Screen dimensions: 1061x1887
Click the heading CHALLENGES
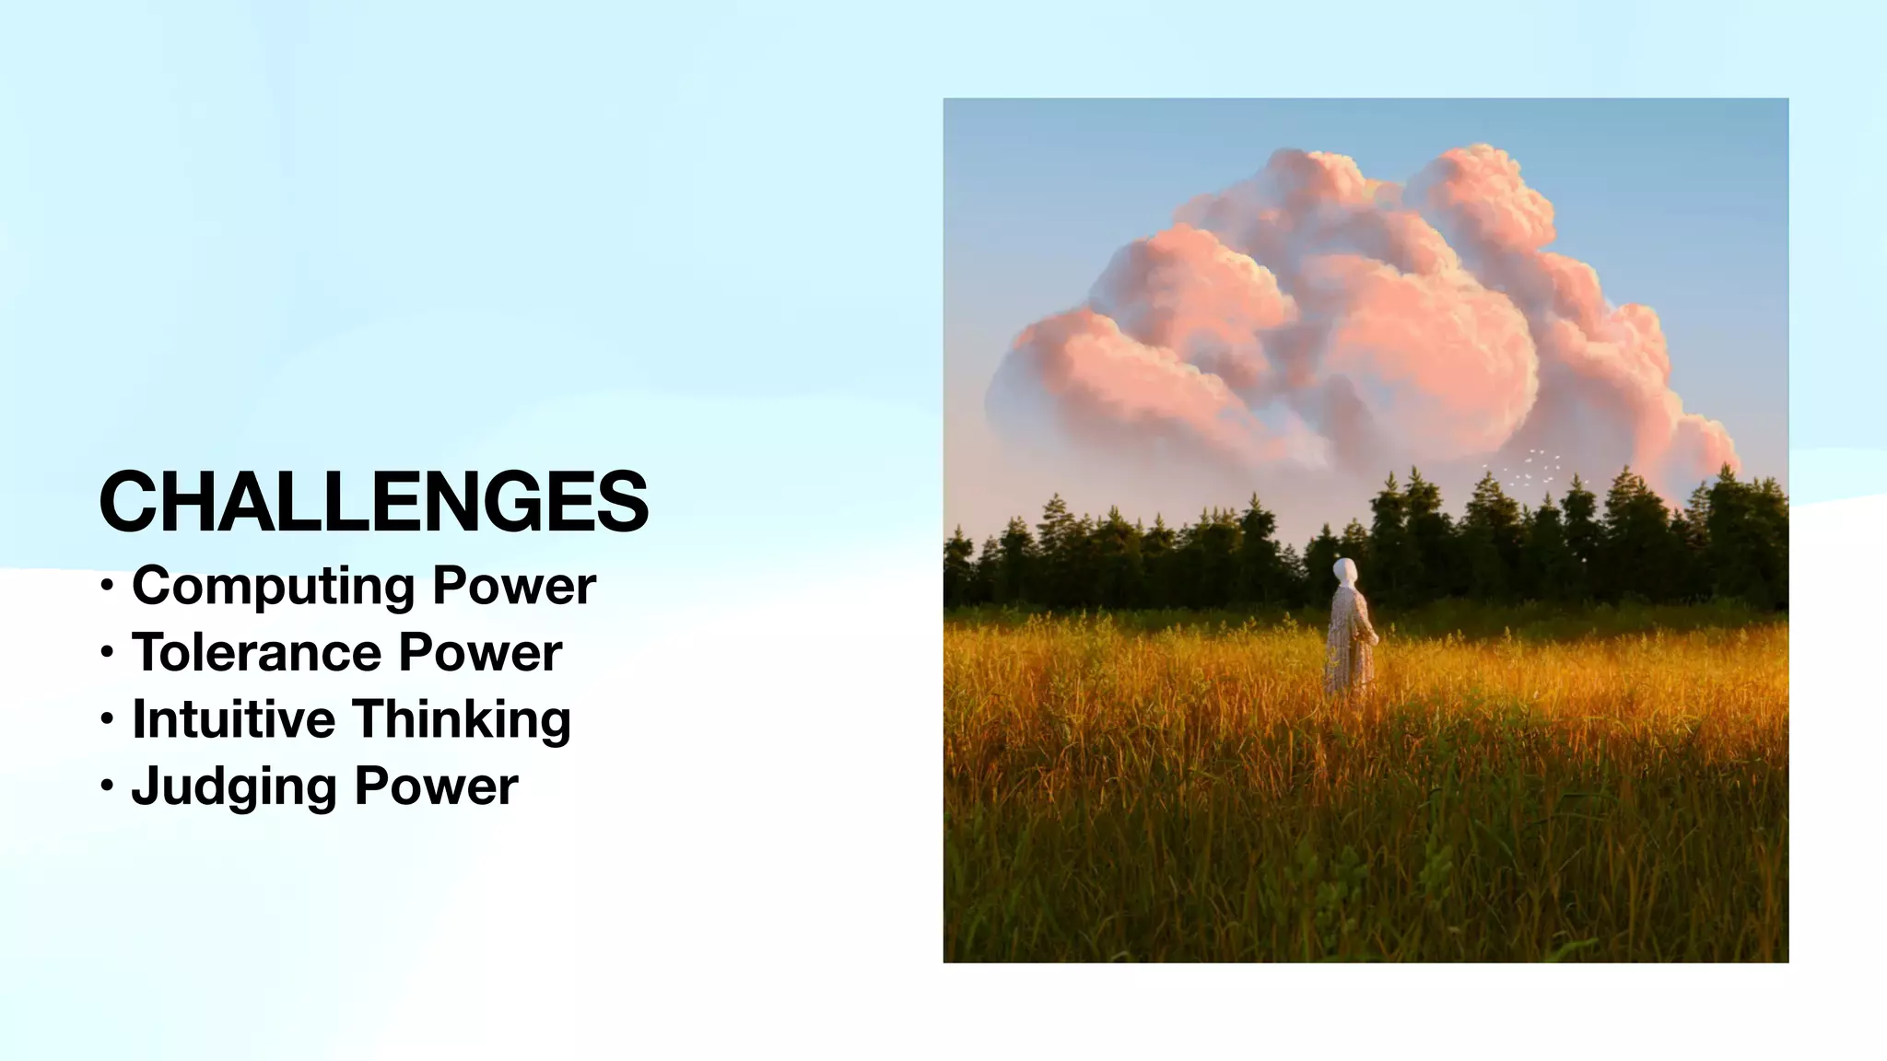click(373, 502)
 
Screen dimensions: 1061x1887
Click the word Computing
click(275, 587)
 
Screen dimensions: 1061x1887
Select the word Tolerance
click(256, 653)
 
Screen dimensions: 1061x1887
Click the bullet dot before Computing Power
click(108, 586)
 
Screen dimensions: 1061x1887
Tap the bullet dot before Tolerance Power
click(108, 653)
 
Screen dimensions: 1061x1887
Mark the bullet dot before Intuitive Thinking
click(108, 718)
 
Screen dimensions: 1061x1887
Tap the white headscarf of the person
click(1346, 571)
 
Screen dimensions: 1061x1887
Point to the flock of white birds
click(1525, 468)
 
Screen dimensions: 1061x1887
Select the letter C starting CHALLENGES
click(131, 502)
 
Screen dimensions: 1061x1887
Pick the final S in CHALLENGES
click(622, 502)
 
